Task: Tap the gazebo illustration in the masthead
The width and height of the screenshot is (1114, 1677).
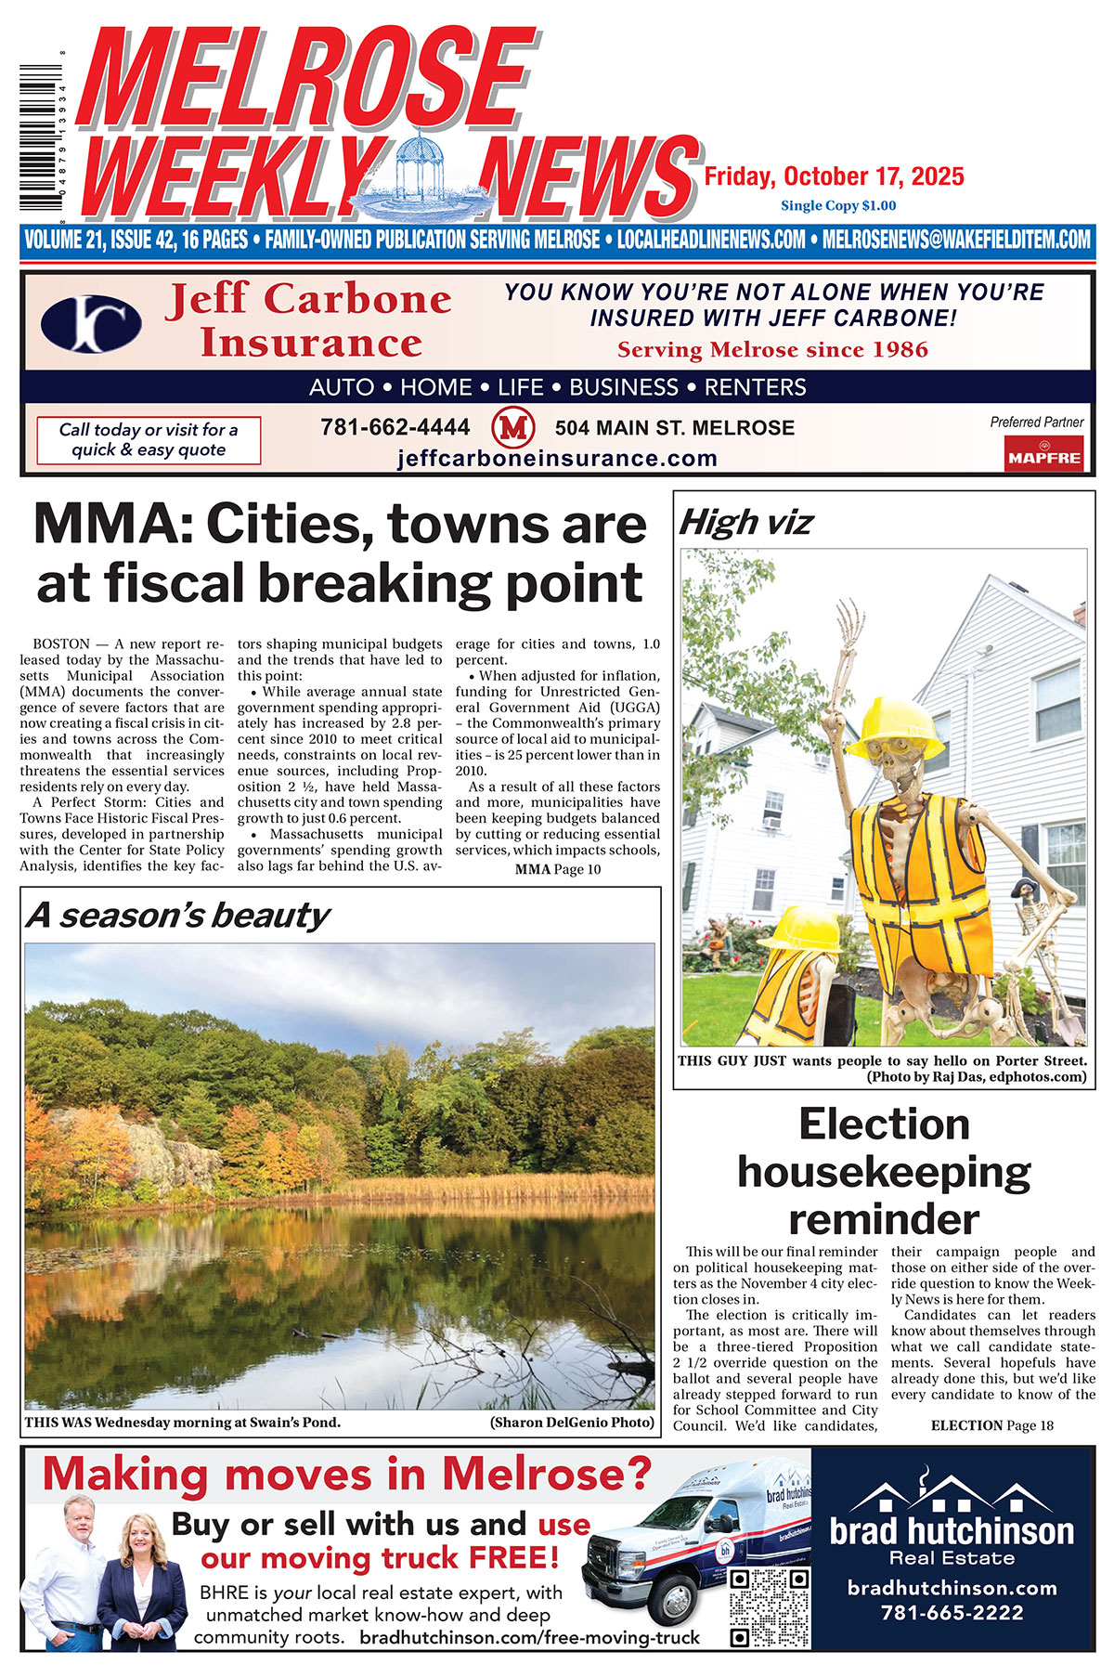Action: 425,173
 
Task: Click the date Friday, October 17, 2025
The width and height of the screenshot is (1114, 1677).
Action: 834,176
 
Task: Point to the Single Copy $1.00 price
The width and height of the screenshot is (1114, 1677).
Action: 838,205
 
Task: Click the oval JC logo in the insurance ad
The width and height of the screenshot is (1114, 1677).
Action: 91,323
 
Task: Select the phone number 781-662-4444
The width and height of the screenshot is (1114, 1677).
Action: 395,427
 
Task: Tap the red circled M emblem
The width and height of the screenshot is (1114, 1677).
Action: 512,428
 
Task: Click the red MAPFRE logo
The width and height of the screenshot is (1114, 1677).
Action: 1044,455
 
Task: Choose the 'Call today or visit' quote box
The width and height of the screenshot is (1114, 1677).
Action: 149,440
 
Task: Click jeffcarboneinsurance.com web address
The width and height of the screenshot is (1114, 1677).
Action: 557,459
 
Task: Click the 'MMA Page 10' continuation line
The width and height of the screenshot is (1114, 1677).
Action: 558,869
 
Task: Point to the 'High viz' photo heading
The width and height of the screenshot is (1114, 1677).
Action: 746,523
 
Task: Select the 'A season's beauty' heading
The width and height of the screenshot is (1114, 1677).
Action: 177,916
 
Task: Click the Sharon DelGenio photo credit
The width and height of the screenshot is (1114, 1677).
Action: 572,1423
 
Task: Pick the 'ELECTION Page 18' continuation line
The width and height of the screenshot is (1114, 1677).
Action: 991,1425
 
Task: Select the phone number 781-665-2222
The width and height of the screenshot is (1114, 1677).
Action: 952,1613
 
